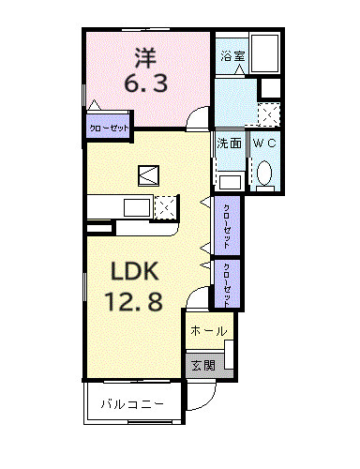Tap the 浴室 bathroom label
coord(232,57)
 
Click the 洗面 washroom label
coord(230,144)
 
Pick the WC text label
coord(263,144)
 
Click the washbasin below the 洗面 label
coord(230,180)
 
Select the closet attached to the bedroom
coord(109,128)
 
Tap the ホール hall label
coord(207,331)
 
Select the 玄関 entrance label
coord(202,366)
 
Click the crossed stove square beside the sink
coord(165,206)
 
